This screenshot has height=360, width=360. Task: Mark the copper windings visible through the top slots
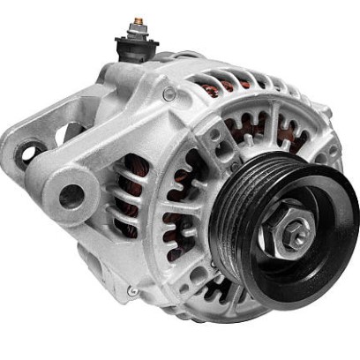tap(216, 84)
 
